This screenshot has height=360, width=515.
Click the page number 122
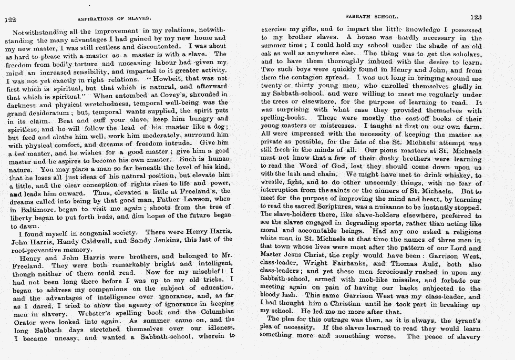(x=10, y=19)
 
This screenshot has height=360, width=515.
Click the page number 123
(x=476, y=17)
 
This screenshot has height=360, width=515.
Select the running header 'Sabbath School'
(x=368, y=17)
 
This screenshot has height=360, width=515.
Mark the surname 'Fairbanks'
(x=349, y=264)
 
